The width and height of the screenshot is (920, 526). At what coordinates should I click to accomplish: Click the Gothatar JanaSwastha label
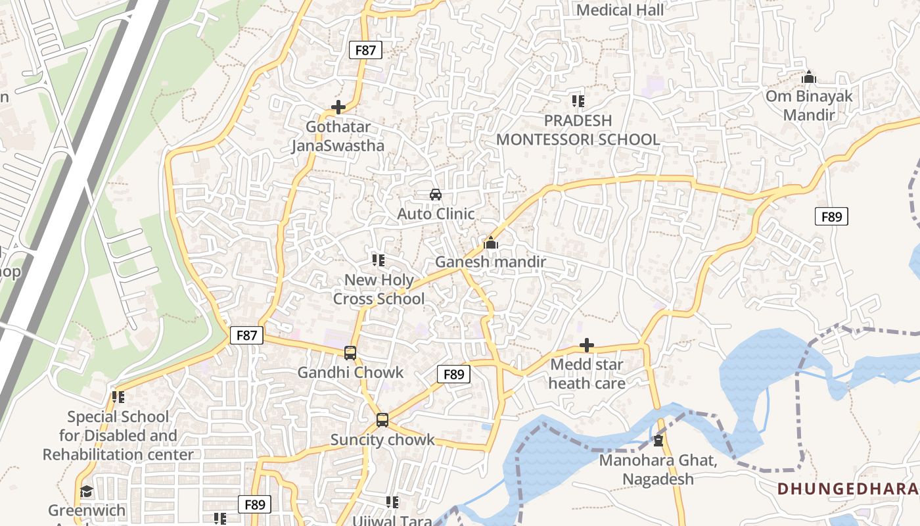tap(338, 136)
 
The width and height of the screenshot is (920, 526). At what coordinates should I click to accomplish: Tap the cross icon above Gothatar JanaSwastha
tap(338, 107)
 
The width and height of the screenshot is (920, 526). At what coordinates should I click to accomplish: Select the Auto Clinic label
tap(436, 214)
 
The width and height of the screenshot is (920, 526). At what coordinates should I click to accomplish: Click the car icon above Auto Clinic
tap(436, 195)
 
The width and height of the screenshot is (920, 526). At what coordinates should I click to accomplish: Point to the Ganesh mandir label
tap(491, 262)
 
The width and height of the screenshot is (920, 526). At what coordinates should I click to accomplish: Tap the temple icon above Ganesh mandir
tap(491, 243)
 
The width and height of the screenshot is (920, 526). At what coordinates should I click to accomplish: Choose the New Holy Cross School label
tap(379, 289)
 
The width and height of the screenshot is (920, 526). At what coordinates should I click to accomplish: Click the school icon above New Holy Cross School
tap(379, 260)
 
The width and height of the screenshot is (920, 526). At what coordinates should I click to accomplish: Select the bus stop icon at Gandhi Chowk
tap(350, 353)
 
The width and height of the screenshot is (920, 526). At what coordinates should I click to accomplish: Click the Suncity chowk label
tap(382, 440)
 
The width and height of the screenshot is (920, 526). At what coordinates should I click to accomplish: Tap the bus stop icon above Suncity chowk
tap(382, 420)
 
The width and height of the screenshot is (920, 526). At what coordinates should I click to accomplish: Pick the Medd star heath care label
tap(587, 373)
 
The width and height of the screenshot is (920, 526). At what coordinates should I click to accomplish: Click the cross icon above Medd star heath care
tap(587, 345)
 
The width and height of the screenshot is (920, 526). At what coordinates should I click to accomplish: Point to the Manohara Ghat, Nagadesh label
tap(658, 469)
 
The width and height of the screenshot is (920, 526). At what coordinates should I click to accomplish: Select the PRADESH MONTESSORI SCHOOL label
tap(578, 130)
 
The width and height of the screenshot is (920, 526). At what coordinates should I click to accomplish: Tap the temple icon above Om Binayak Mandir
tap(809, 78)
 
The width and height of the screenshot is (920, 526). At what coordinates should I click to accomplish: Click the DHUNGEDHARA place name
tap(847, 489)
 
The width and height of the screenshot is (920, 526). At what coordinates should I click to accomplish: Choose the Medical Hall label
tap(620, 10)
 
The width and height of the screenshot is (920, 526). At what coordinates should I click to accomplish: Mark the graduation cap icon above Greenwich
tap(86, 492)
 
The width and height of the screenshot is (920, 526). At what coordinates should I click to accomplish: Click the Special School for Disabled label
tap(118, 435)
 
